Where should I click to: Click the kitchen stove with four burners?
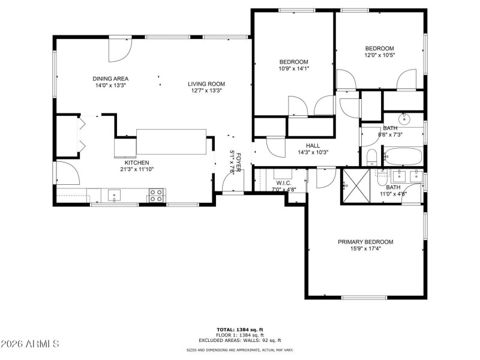point(156,195)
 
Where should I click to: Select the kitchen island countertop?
point(172,142)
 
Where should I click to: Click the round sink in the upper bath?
point(404,116)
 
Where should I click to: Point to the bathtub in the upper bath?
point(403,157)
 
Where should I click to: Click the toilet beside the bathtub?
point(371,158)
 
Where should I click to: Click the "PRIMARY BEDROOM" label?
point(365,242)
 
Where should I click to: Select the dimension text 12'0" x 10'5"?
point(379,55)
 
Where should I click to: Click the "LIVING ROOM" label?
point(206,84)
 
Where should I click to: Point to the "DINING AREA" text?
point(110,79)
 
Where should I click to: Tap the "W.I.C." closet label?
point(284,183)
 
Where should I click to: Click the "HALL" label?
point(313,145)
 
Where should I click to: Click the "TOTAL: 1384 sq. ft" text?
point(240,330)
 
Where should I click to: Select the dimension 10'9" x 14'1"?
point(293,68)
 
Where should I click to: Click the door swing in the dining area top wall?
point(119,51)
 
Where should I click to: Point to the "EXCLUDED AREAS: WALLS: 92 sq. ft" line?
point(240,340)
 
